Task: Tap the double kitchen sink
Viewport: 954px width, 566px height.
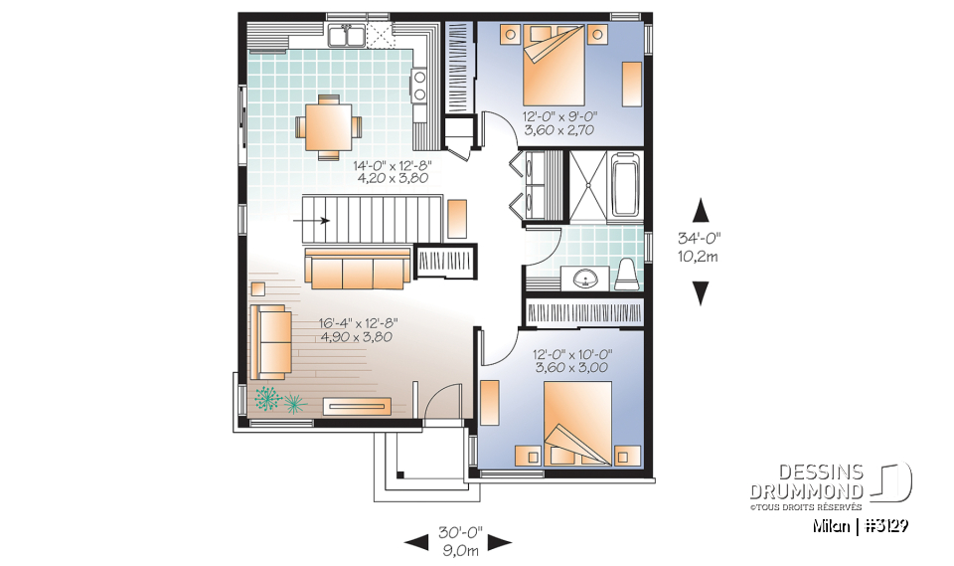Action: [346, 38]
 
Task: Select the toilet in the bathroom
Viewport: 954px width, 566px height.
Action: [624, 273]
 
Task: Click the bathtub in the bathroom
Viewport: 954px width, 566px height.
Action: [625, 184]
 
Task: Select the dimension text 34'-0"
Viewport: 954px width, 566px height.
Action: [701, 238]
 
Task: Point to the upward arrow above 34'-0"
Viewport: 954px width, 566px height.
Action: [701, 210]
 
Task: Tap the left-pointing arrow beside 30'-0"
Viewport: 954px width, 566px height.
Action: [416, 542]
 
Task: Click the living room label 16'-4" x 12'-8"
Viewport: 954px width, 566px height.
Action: [357, 323]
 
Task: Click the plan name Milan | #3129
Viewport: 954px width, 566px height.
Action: [861, 524]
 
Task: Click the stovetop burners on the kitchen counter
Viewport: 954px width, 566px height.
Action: [419, 85]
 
